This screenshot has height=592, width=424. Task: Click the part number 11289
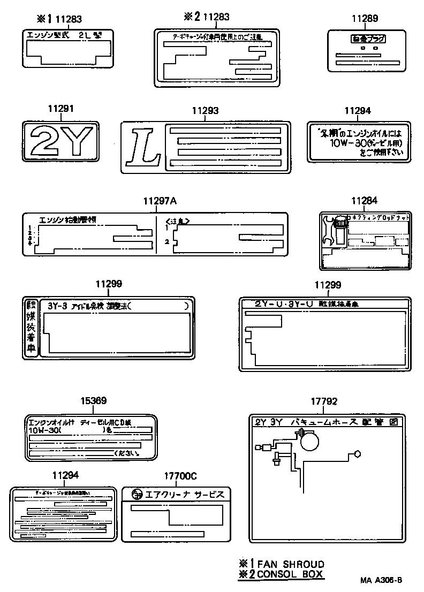point(365,18)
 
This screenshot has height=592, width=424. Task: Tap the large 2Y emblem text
point(60,141)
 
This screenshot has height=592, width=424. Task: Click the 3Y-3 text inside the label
point(57,306)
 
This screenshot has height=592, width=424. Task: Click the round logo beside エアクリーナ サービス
point(137,494)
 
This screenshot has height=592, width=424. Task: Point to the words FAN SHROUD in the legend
point(291,564)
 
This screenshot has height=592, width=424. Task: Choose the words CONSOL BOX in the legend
point(291,574)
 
